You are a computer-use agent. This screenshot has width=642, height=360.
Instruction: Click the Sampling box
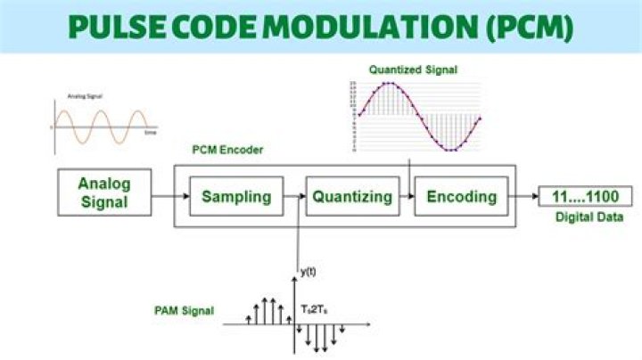pos(235,197)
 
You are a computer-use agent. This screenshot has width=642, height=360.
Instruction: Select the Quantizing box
pos(352,197)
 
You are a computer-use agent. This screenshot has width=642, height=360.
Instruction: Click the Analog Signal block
pos(103,193)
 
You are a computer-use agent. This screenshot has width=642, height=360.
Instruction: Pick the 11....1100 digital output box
pos(585,197)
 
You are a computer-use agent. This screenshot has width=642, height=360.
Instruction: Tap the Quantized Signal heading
pos(411,69)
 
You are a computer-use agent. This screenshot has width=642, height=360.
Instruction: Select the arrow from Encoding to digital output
pos(523,197)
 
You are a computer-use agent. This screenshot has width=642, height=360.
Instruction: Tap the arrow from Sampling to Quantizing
pos(294,197)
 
